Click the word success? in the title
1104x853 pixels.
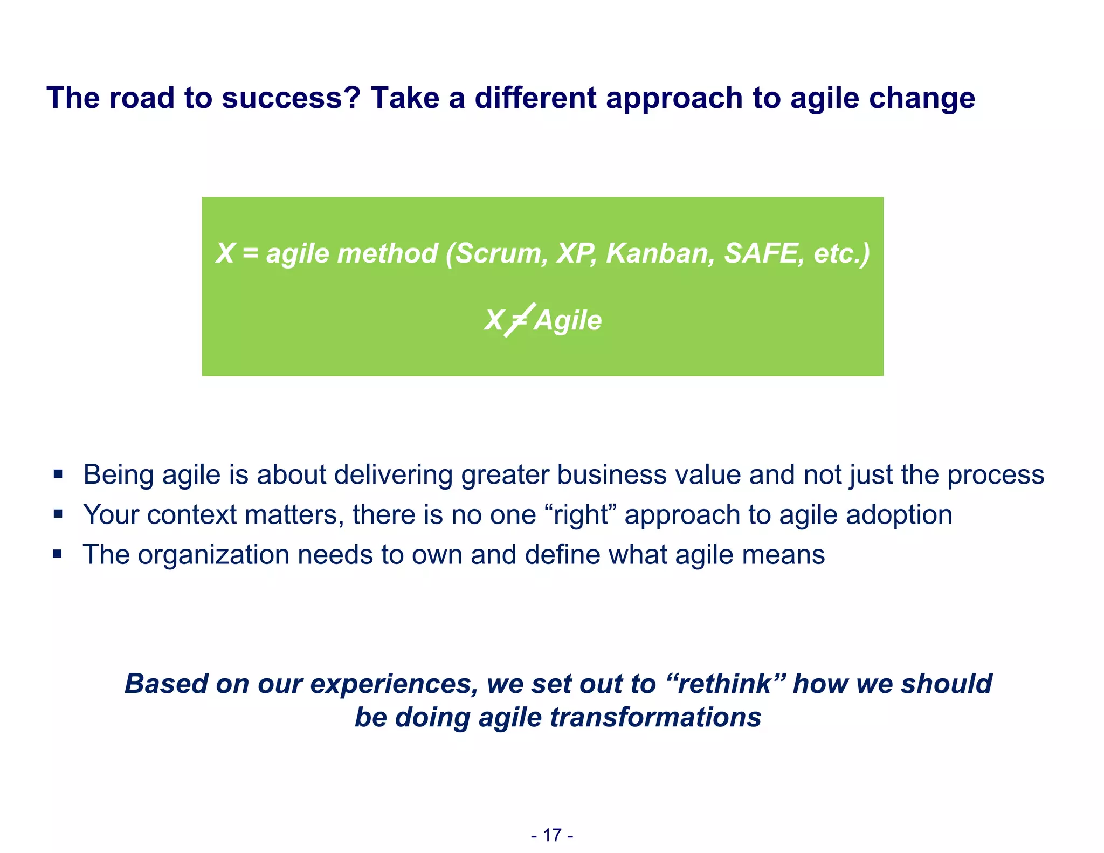[x=291, y=98]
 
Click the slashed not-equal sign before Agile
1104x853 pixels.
[x=519, y=320]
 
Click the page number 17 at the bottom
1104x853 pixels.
[x=552, y=835]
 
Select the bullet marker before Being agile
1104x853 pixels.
[x=58, y=475]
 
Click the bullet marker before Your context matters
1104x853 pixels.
[x=58, y=514]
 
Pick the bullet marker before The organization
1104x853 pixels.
[x=58, y=554]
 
